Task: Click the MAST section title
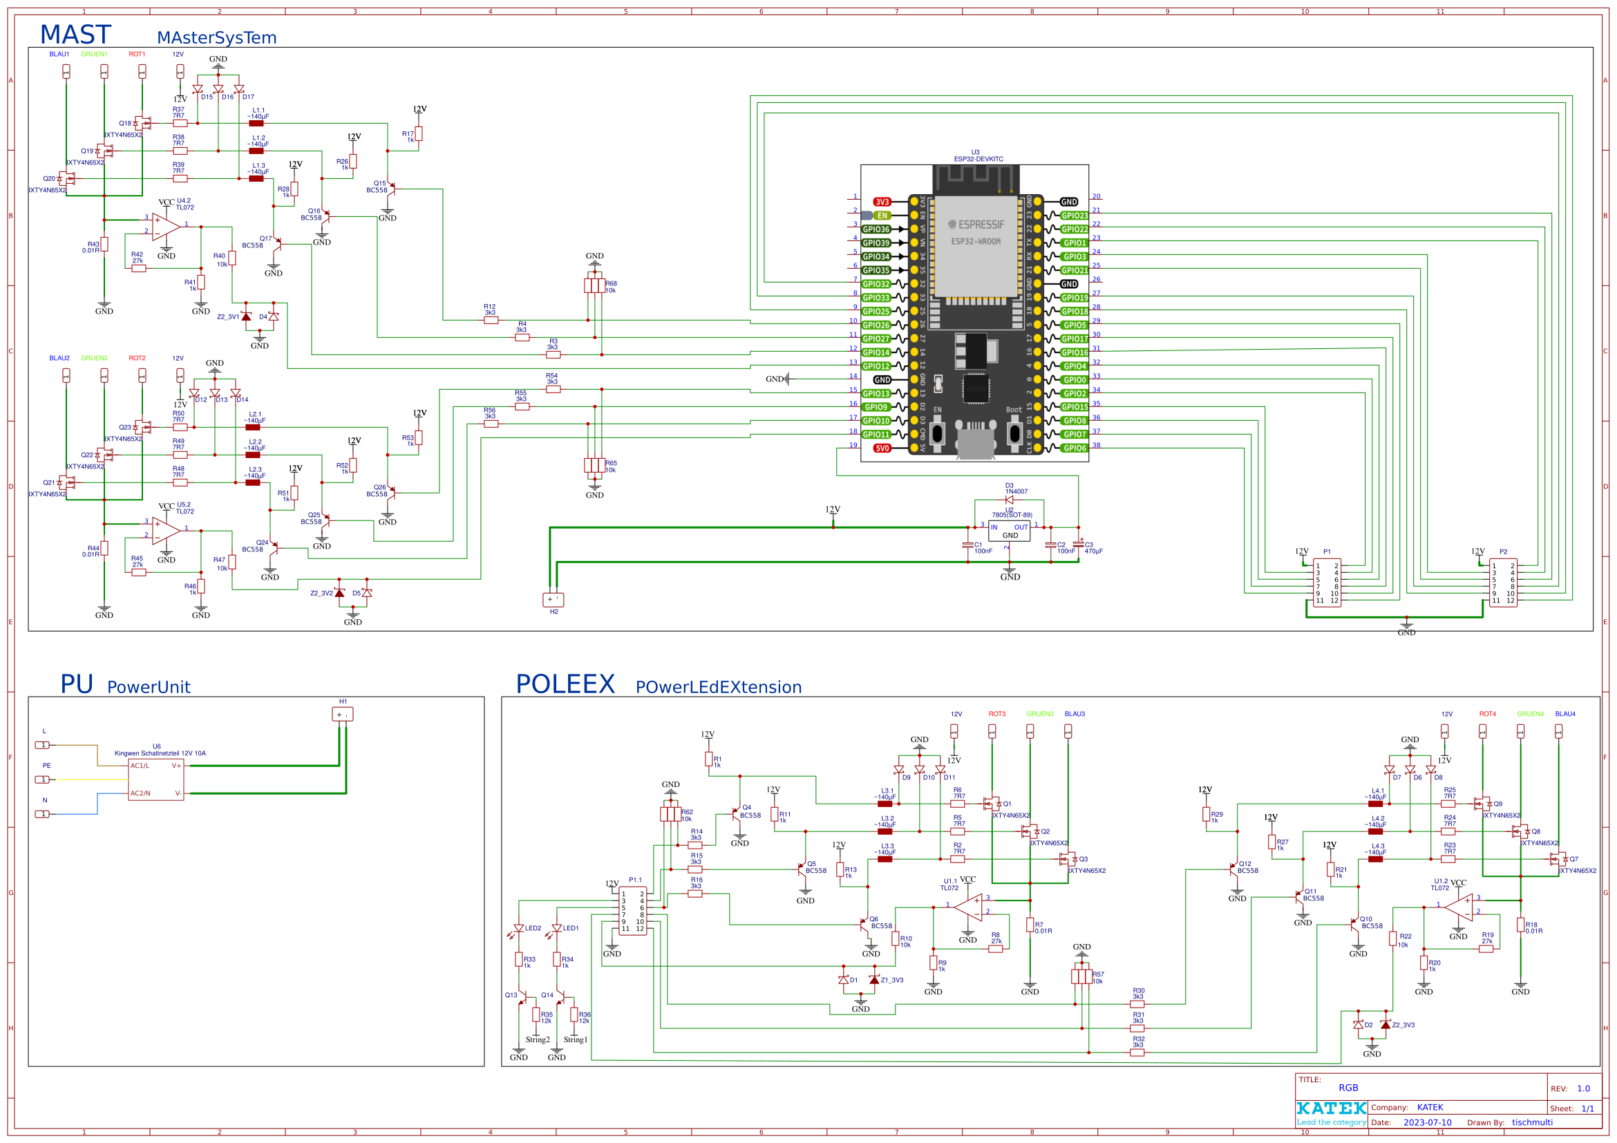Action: tap(75, 35)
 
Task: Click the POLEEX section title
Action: tap(565, 684)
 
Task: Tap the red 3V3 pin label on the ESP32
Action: tap(882, 202)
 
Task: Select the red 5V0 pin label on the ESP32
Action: tap(882, 448)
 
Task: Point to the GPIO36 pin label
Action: tap(876, 229)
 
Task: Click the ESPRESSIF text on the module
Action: tap(976, 225)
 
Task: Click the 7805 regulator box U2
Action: tap(1008, 531)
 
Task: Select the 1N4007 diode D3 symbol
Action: tap(1008, 500)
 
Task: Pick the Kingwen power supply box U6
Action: tap(155, 779)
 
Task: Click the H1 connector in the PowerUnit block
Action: tap(342, 714)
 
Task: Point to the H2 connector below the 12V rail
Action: tap(553, 599)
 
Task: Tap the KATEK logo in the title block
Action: tap(1331, 1108)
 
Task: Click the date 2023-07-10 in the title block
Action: tap(1427, 1122)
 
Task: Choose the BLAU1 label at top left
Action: tap(59, 54)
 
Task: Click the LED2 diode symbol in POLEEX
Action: tap(518, 928)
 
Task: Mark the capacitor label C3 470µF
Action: tap(1093, 548)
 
